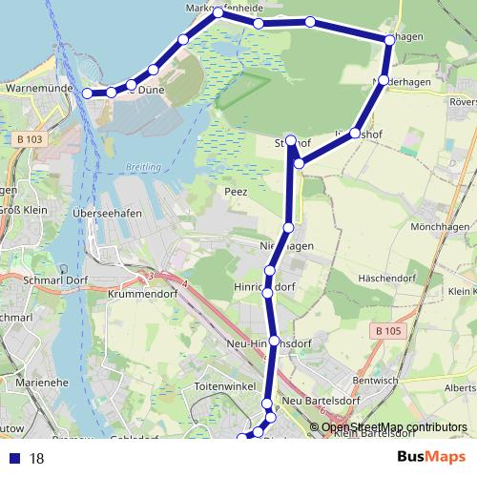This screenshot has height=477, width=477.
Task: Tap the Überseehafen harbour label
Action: (x=108, y=214)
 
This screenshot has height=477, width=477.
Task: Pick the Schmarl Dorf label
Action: (x=55, y=280)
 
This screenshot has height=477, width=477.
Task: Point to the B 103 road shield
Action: (x=30, y=139)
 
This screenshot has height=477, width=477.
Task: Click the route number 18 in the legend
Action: (x=38, y=459)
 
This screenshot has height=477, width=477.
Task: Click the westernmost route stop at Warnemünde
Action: (x=88, y=93)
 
